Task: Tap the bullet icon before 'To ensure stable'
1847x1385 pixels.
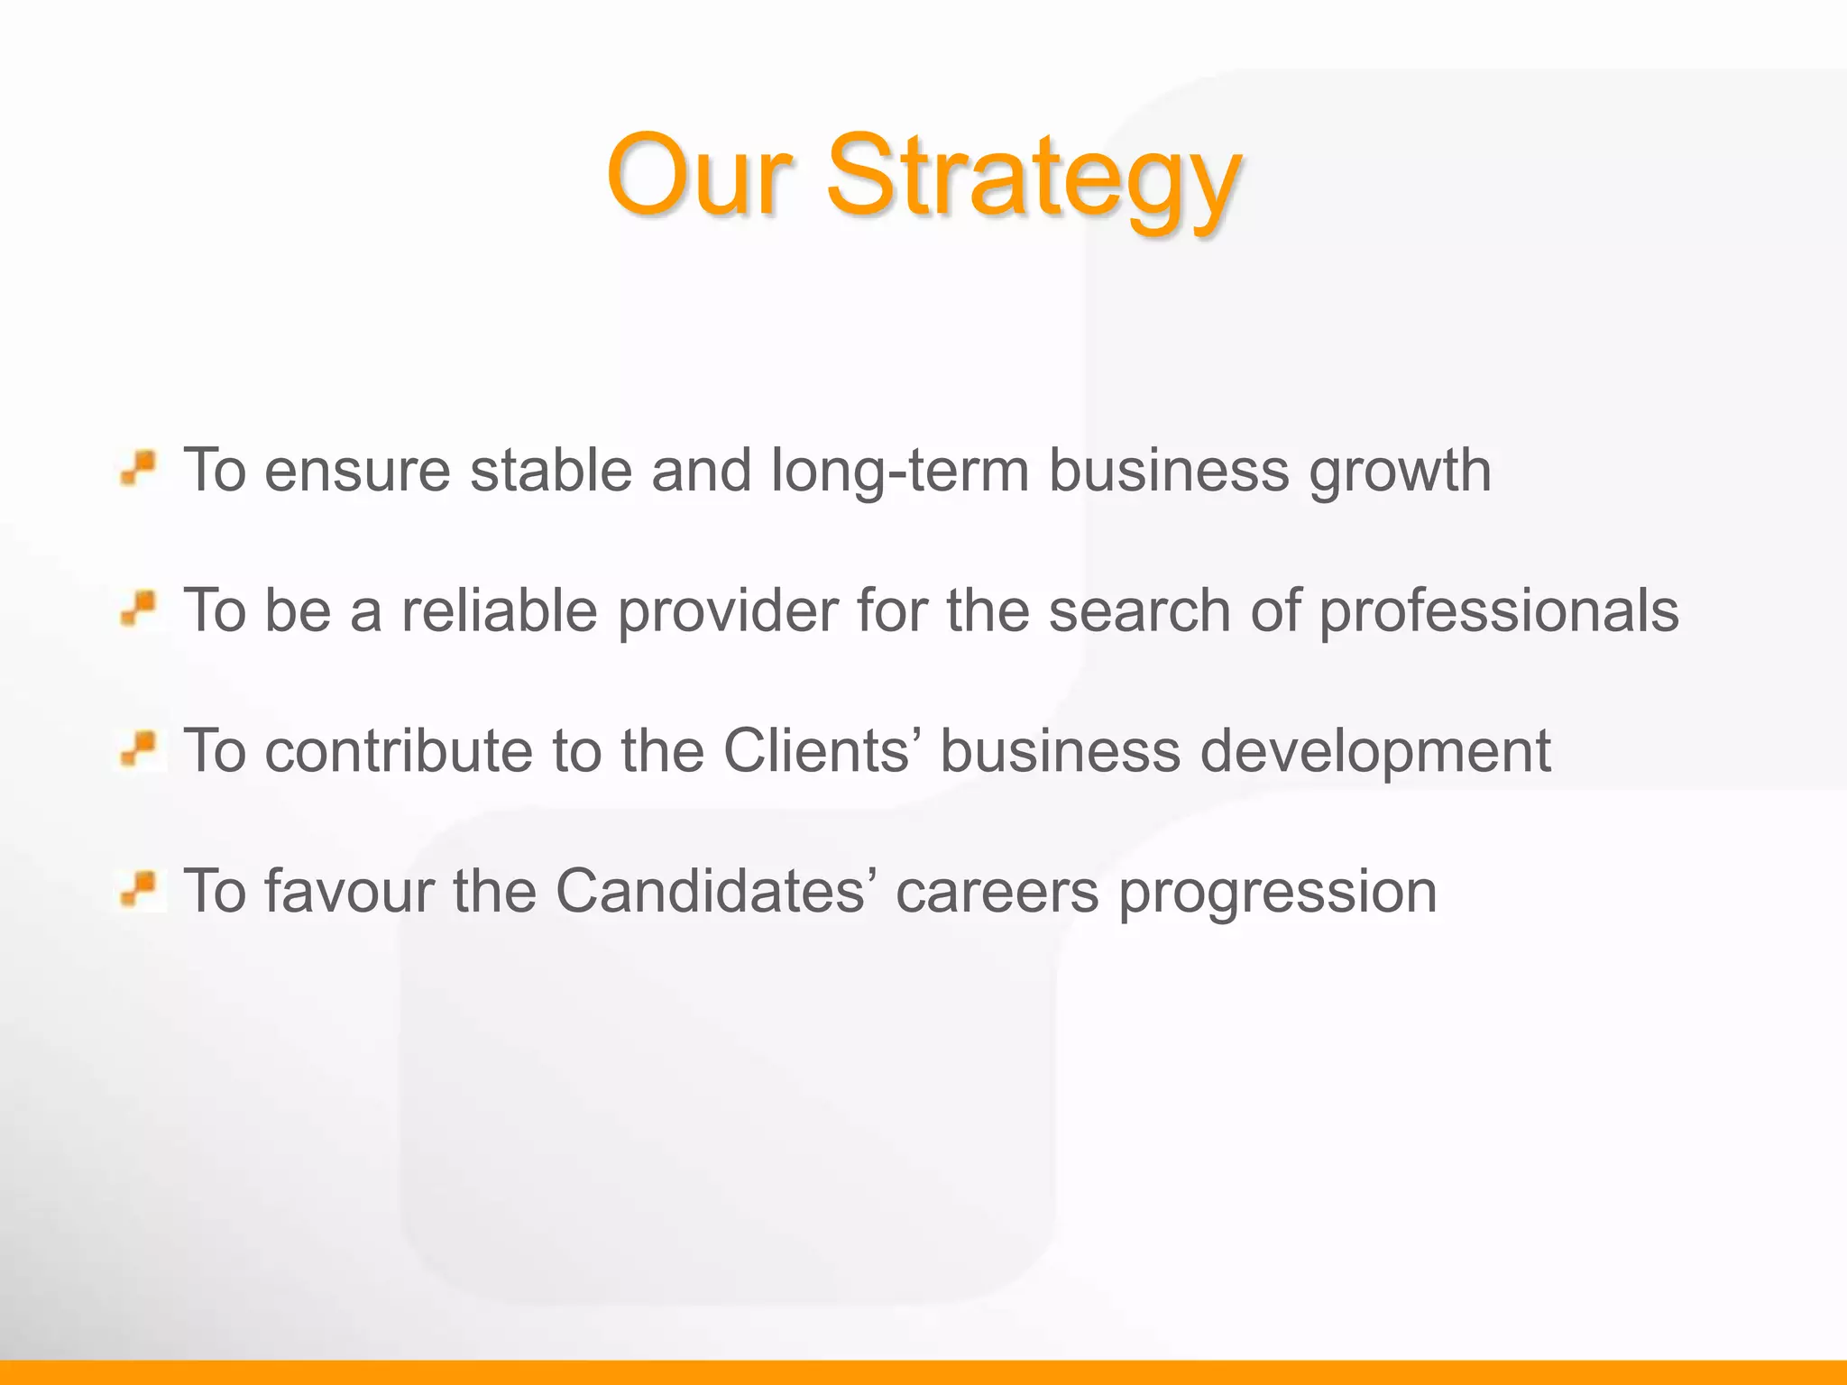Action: tap(139, 470)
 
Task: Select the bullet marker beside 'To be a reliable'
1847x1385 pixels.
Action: tap(139, 610)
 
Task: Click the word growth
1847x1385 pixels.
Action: tap(1400, 472)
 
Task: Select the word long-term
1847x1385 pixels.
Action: tap(900, 471)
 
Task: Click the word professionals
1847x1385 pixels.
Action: tap(1499, 611)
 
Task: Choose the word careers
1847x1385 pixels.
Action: tap(997, 891)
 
